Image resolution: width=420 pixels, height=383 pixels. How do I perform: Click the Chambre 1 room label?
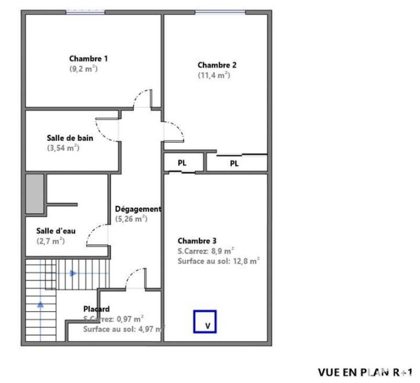pos(89,59)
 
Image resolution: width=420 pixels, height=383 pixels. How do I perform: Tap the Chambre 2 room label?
pos(217,65)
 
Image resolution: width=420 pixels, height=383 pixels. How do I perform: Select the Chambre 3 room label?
pos(197,241)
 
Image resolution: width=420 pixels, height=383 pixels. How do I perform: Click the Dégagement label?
pos(138,209)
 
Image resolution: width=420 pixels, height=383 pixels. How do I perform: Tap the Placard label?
pos(97,309)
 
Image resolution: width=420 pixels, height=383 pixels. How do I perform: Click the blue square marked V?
pos(205,322)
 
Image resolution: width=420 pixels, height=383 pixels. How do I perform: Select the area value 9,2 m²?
pos(84,69)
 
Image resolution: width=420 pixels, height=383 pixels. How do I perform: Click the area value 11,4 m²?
pos(214,75)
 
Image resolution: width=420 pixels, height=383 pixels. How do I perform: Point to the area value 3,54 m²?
pos(63,148)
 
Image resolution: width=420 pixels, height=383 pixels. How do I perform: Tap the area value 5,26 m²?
pos(131,219)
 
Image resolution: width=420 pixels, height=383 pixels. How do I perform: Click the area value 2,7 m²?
pos(51,241)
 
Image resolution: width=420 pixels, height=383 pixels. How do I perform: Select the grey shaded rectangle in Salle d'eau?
pos(35,194)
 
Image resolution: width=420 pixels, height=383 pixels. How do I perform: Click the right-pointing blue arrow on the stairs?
pos(72,273)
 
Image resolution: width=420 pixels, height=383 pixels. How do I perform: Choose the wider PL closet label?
pos(234,163)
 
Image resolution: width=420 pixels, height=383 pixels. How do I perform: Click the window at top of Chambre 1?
pos(85,13)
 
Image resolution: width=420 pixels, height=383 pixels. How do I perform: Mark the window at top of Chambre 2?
pos(219,13)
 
